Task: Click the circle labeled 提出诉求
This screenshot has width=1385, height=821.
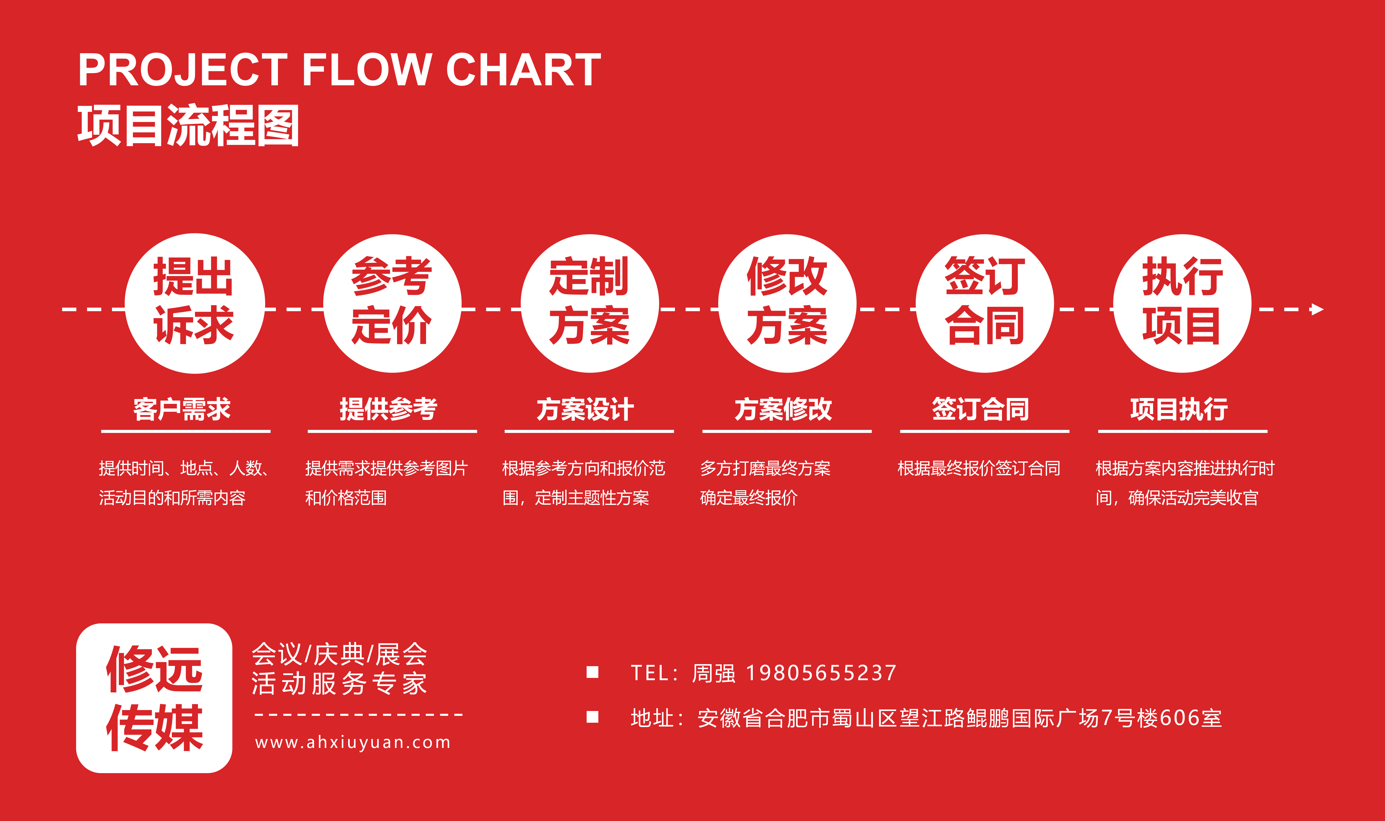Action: (x=195, y=303)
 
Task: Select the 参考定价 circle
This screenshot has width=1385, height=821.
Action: (x=392, y=303)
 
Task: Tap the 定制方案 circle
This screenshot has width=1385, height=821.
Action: (x=590, y=303)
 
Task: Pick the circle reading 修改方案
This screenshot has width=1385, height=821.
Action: (x=787, y=303)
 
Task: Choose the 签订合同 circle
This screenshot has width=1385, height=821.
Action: (x=985, y=303)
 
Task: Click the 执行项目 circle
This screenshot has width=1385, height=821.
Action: (x=1182, y=303)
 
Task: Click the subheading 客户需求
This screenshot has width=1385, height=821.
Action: (x=182, y=409)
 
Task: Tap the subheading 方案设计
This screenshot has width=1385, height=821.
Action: (x=586, y=409)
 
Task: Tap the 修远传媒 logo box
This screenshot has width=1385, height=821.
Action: (x=154, y=698)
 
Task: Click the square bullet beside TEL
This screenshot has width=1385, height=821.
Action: (x=593, y=672)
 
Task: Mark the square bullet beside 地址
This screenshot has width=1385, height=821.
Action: (x=593, y=717)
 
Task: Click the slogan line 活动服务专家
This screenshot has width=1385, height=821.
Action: (x=340, y=684)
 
